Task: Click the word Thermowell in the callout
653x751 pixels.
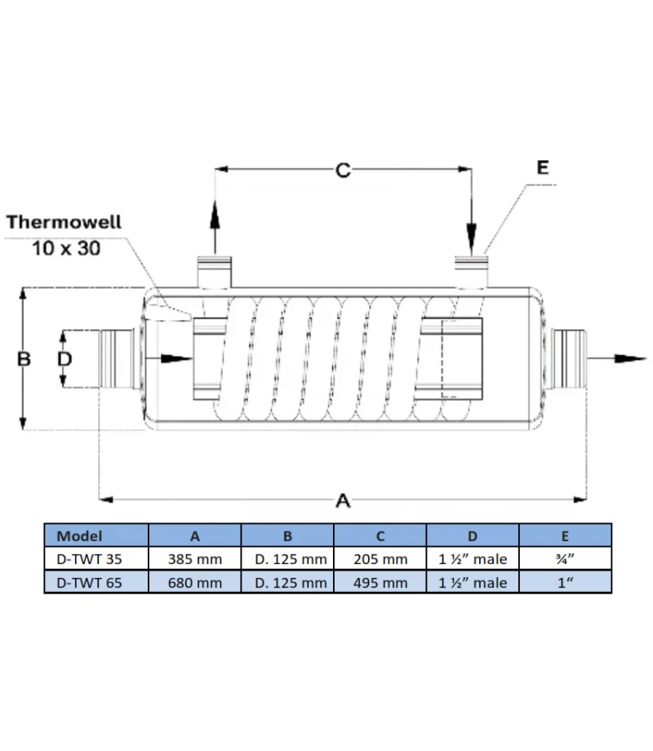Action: [64, 221]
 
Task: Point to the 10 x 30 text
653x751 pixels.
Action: [66, 247]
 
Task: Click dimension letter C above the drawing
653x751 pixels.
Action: [343, 170]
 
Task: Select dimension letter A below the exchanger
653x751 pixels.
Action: [343, 500]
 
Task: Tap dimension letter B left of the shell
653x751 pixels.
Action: [24, 358]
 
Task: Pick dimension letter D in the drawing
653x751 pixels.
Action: [64, 358]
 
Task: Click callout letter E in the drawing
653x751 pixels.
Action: [543, 167]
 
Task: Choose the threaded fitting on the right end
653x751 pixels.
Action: [570, 358]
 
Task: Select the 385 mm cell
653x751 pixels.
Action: [194, 559]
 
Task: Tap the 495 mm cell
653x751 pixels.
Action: [380, 582]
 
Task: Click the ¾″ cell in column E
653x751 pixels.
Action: [565, 559]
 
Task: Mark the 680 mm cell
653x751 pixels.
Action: [194, 582]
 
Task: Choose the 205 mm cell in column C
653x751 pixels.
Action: [380, 559]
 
